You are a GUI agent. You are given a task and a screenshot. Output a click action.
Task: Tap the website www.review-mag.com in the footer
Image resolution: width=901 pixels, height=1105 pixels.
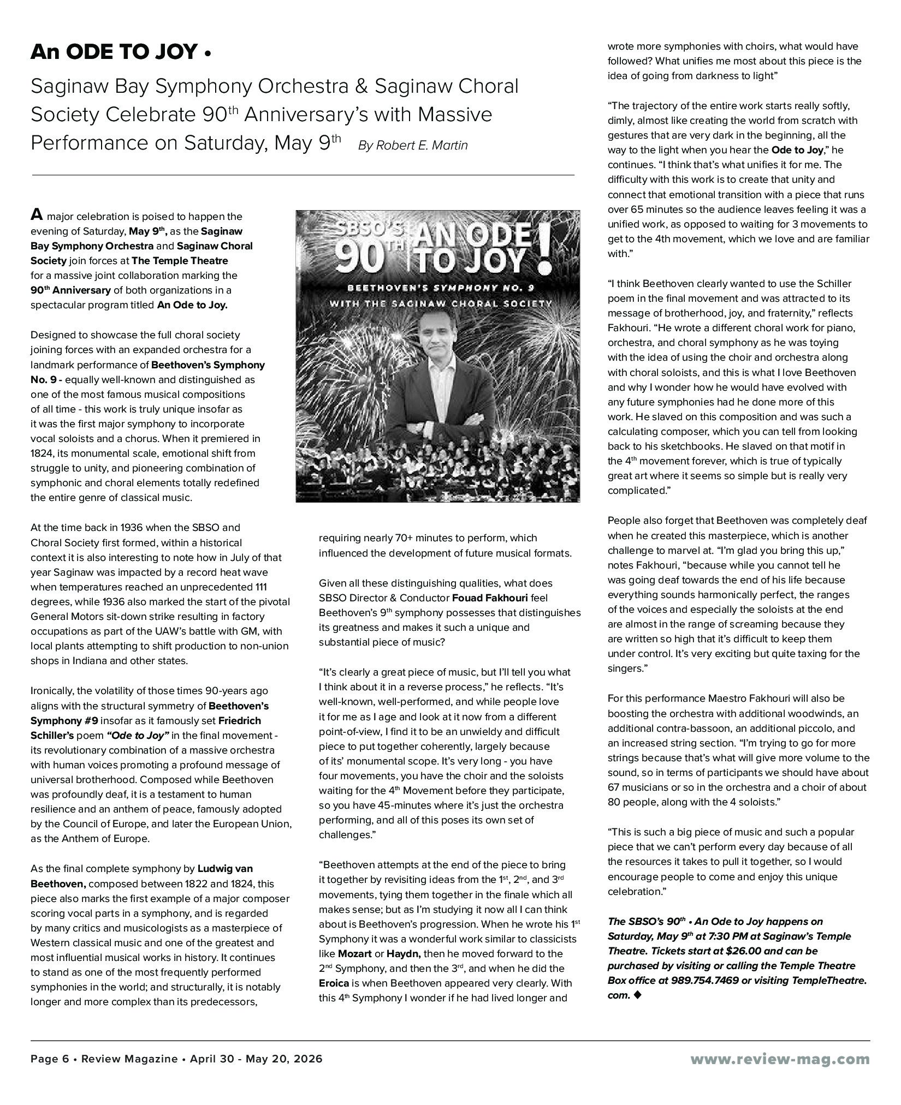780,1059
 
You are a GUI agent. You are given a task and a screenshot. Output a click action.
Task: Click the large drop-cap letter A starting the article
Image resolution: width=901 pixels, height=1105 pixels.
36,214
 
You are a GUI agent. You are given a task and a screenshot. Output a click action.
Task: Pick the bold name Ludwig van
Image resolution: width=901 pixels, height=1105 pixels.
225,868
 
